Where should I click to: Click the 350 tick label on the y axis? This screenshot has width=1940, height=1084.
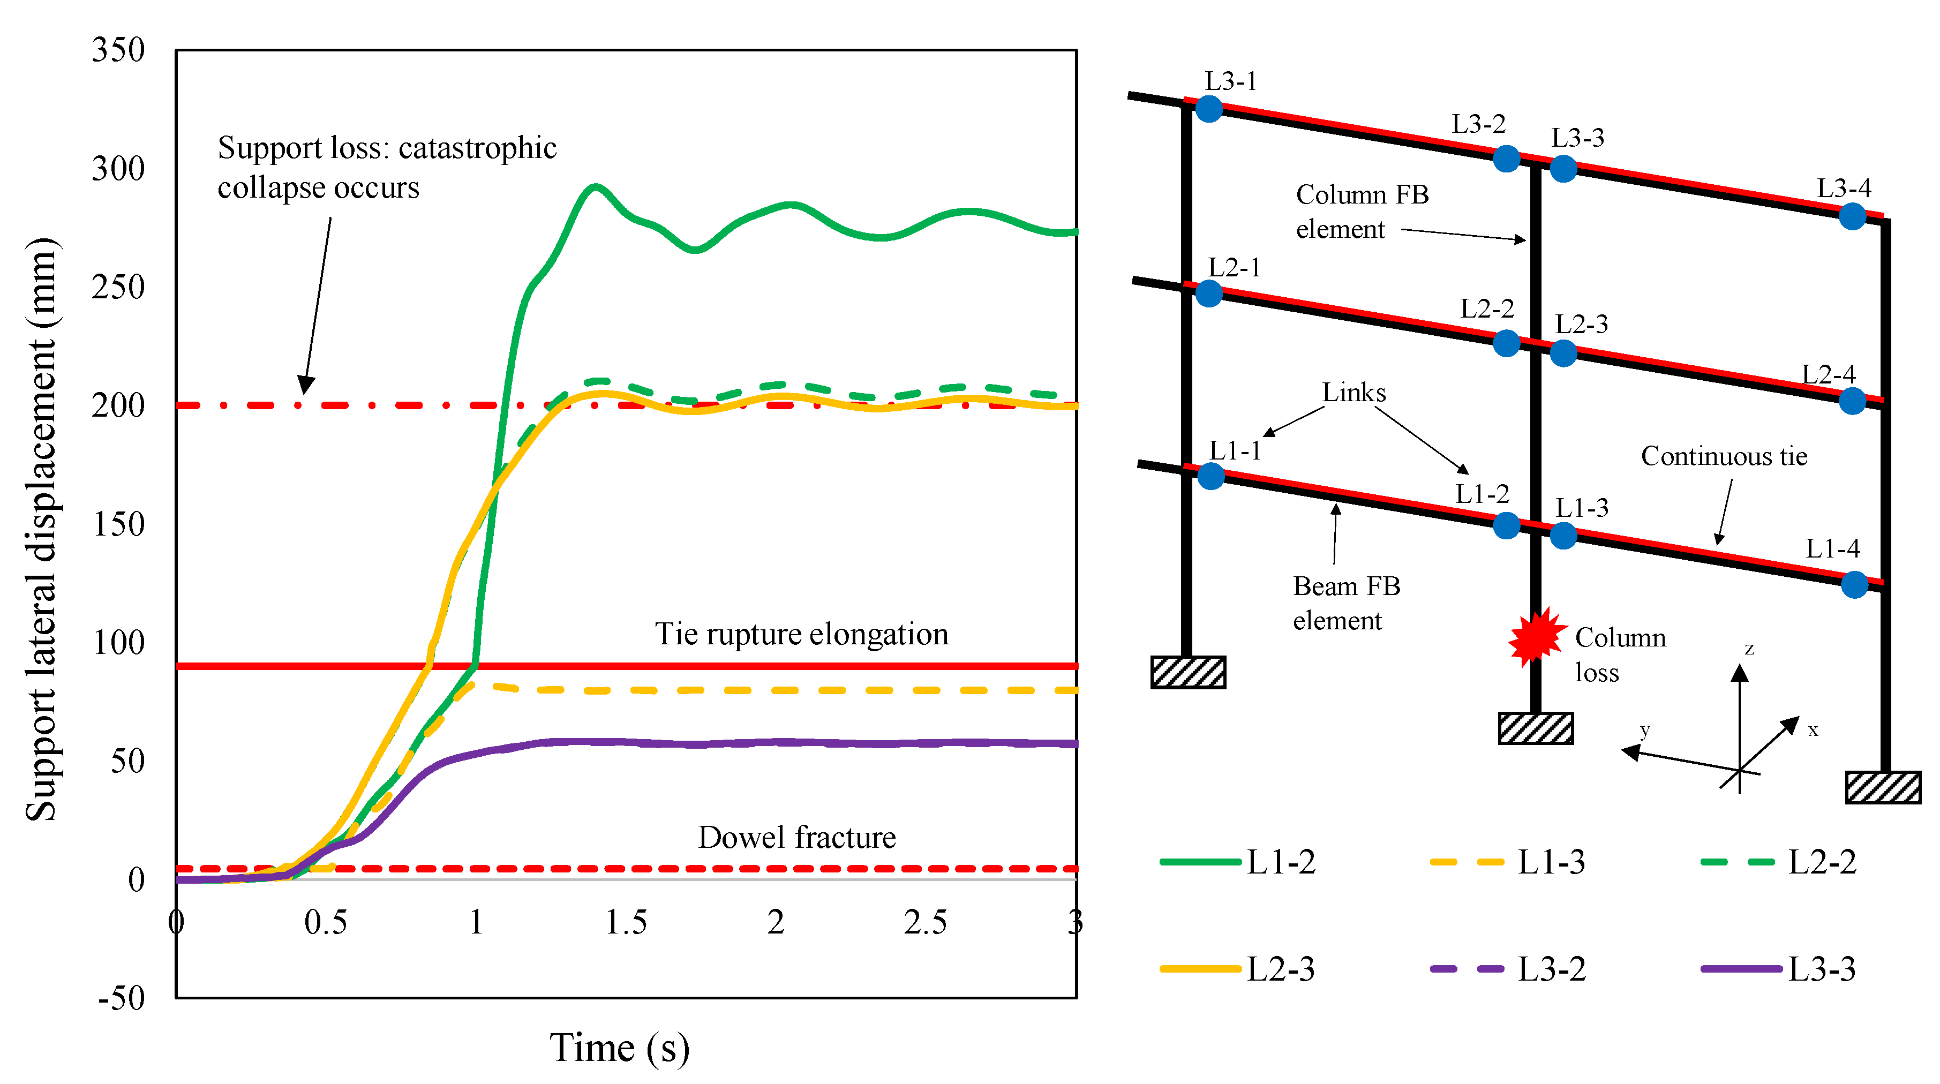pos(118,50)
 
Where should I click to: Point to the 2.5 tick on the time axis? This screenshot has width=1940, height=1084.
pos(925,922)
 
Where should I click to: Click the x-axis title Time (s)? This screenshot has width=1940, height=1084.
pos(619,1048)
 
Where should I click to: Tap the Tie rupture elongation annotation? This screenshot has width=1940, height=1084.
pos(801,634)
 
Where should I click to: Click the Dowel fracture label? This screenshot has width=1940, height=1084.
pos(797,838)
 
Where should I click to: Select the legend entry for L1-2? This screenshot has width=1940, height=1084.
pos(1239,862)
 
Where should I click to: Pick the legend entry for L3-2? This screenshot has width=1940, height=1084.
pos(1508,969)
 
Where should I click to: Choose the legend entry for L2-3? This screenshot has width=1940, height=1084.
pos(1239,969)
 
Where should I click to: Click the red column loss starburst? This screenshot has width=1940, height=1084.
pos(1536,637)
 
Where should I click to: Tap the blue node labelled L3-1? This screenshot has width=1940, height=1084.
pos(1209,109)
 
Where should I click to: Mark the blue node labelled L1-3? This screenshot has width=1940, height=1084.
pos(1563,536)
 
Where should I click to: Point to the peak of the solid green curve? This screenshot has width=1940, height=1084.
pos(596,185)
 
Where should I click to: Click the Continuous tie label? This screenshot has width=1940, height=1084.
pos(1724,456)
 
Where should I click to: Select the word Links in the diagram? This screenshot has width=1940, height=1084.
pos(1354,393)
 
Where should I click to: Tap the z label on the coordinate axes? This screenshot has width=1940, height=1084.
pos(1749,649)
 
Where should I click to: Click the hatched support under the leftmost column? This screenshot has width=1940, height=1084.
pos(1187,672)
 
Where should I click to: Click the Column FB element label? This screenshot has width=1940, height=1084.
pos(1362,212)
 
